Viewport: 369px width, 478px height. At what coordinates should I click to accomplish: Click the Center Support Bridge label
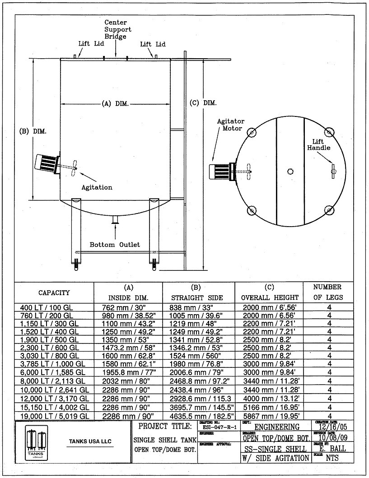[116, 29]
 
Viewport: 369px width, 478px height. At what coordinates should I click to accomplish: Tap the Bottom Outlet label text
[115, 245]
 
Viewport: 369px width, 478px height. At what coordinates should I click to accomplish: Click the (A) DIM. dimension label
[115, 103]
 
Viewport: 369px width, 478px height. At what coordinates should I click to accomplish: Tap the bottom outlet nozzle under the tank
[115, 220]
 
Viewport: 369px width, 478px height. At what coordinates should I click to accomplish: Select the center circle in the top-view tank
[290, 171]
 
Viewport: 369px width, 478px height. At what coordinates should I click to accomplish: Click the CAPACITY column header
[54, 292]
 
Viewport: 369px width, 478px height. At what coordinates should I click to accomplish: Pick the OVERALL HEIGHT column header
[270, 297]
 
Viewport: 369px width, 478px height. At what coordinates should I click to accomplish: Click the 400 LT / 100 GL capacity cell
[47, 307]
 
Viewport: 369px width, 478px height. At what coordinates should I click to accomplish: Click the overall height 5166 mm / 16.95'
[270, 407]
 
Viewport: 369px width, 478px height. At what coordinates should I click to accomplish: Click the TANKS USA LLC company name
[90, 441]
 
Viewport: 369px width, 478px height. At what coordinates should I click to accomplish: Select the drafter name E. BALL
[332, 449]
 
